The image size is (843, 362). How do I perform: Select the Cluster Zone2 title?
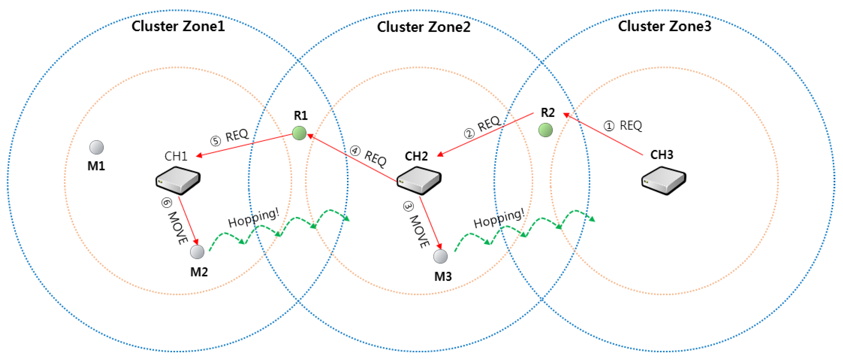click(424, 27)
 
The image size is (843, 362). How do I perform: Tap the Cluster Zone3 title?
click(664, 26)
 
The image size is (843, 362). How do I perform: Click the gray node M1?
click(97, 147)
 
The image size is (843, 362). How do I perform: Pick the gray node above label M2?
click(197, 252)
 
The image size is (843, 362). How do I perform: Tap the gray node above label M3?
click(440, 256)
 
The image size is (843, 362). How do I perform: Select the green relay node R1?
click(299, 133)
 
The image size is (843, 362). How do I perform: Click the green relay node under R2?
click(545, 130)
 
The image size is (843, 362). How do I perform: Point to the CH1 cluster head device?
click(178, 180)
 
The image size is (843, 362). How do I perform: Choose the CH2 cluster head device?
click(419, 180)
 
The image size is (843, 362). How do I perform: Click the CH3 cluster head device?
click(663, 180)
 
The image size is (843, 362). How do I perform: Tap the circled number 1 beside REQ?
click(609, 126)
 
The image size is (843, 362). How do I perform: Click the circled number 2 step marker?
click(469, 133)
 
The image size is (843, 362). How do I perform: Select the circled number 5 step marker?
click(215, 141)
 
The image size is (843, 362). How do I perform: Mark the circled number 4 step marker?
click(355, 151)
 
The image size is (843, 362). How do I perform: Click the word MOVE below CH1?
click(178, 228)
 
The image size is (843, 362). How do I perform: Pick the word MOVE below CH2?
click(419, 231)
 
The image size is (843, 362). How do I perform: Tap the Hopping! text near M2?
click(254, 218)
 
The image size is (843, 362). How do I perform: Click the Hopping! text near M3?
click(499, 218)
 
